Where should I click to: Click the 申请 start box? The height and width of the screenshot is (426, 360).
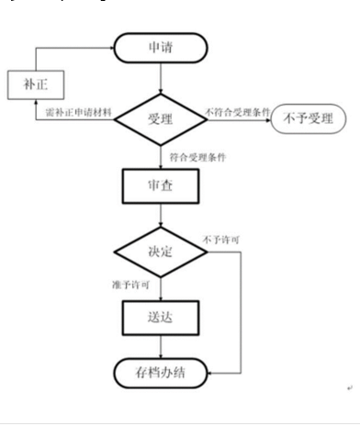[162, 48]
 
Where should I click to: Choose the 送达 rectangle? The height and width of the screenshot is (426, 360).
[162, 317]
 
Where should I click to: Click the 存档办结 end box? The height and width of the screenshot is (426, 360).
[162, 374]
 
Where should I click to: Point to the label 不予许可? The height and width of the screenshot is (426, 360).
[224, 240]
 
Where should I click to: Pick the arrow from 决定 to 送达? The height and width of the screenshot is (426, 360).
[162, 285]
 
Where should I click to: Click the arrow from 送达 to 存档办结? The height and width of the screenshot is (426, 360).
[162, 348]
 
